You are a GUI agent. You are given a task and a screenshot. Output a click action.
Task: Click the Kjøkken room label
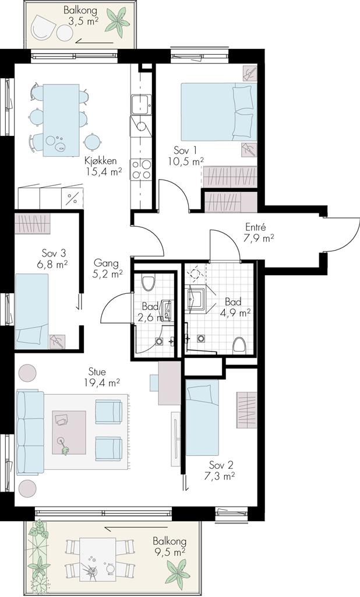pyautogui.click(x=100, y=161)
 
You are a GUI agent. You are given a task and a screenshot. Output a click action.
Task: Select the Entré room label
pyautogui.click(x=255, y=228)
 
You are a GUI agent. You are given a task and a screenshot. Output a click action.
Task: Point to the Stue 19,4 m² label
pyautogui.click(x=103, y=377)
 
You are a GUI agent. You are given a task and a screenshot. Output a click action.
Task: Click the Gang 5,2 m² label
pyautogui.click(x=108, y=268)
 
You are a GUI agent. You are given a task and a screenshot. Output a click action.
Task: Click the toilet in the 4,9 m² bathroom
pyautogui.click(x=239, y=345)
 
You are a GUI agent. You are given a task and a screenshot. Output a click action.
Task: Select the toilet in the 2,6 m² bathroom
pyautogui.click(x=148, y=283)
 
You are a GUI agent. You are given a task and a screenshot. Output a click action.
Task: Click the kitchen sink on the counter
pyautogui.click(x=141, y=104)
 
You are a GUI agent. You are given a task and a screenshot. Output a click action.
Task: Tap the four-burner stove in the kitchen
pyautogui.click(x=141, y=170)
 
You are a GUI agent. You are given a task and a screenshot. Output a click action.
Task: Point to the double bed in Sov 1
pyautogui.click(x=218, y=112)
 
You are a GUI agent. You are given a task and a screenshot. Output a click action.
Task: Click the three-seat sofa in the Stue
pyautogui.click(x=30, y=432)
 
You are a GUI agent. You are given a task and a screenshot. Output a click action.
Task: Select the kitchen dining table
pyautogui.click(x=61, y=120)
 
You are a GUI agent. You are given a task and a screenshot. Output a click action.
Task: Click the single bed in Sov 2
pyautogui.click(x=202, y=417)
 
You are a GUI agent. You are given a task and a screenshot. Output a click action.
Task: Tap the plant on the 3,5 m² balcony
pyautogui.click(x=118, y=22)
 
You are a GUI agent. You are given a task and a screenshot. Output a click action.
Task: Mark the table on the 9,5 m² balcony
pyautogui.click(x=98, y=559)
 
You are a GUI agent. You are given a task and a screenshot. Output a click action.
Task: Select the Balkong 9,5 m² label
pyautogui.click(x=170, y=546)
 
